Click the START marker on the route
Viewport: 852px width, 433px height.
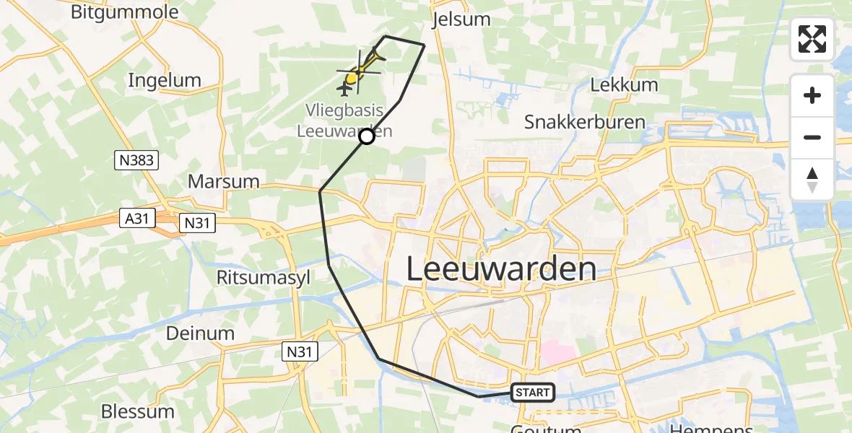[533, 393]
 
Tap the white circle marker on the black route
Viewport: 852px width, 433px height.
[367, 136]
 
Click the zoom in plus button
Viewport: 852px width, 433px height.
[812, 95]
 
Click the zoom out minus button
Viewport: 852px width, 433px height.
[812, 137]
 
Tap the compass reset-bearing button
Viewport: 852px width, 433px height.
[812, 180]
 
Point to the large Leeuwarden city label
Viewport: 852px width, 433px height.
[501, 269]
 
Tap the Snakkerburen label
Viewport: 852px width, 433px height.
[585, 121]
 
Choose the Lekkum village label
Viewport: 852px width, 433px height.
[624, 84]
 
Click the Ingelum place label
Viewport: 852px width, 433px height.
[164, 80]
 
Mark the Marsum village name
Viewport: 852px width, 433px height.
[223, 180]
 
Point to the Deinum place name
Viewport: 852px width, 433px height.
[200, 333]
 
